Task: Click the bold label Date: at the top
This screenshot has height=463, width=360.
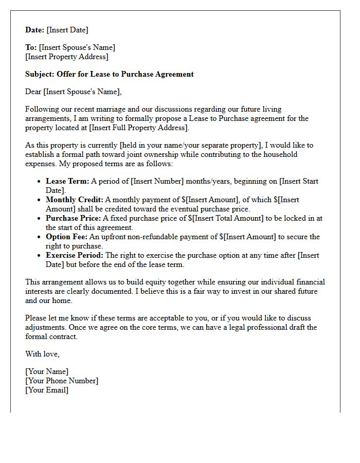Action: click(35, 30)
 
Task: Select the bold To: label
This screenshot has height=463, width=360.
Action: click(31, 47)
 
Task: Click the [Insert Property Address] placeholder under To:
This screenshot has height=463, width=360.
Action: click(67, 57)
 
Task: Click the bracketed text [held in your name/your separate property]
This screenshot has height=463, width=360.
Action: click(180, 145)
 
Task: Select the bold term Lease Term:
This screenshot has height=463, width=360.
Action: click(67, 181)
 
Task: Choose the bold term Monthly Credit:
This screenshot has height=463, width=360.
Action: click(75, 200)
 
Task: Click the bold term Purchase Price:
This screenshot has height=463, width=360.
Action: click(74, 218)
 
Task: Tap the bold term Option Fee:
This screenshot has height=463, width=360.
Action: click(67, 237)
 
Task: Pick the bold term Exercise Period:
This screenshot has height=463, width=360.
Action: click(75, 255)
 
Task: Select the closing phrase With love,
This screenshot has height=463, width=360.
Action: click(42, 354)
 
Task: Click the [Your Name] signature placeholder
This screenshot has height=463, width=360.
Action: click(47, 371)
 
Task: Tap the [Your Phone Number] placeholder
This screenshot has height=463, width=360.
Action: click(62, 381)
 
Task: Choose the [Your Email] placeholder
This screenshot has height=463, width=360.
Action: click(47, 390)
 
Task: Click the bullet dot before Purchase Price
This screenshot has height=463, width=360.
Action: click(40, 219)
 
